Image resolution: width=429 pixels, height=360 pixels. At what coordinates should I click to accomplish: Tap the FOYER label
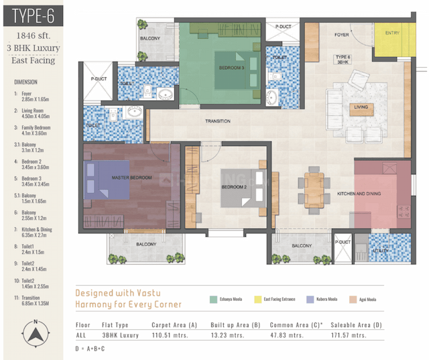pyautogui.click(x=343, y=34)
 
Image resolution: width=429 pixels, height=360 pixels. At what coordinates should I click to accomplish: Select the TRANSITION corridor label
pyautogui.click(x=218, y=121)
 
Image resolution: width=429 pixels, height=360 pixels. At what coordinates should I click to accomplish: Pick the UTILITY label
pyautogui.click(x=383, y=249)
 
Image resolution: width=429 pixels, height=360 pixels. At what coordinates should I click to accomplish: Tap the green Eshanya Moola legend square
pyautogui.click(x=213, y=299)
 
